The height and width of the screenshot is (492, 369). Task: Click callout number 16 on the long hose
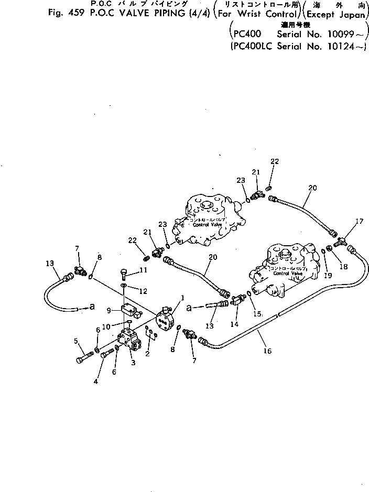coord(268,351)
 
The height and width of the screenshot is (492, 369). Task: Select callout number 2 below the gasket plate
coord(148,354)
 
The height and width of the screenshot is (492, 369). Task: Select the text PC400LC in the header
coord(249,46)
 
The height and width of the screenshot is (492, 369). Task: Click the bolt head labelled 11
coord(124,273)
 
